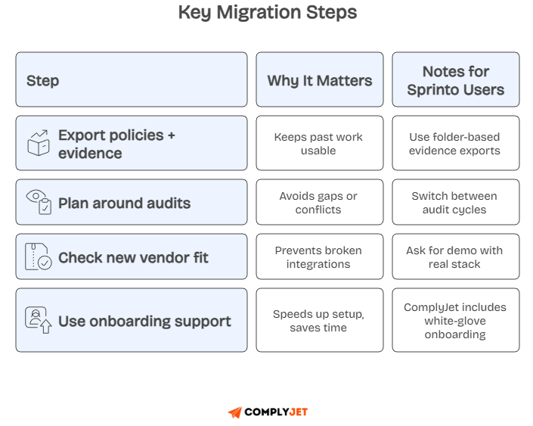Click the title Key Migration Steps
(267, 13)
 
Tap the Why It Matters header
(319, 80)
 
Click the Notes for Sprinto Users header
(455, 80)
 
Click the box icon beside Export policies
(39, 143)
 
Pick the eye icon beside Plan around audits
(39, 202)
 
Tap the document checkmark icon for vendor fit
(39, 257)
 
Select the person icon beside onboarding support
(39, 320)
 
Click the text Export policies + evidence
(116, 144)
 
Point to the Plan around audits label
(124, 203)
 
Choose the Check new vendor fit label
(133, 257)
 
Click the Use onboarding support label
(144, 321)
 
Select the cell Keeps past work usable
(318, 143)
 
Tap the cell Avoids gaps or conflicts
(318, 202)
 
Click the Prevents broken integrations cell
(318, 257)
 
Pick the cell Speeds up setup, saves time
(318, 320)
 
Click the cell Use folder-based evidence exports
(455, 143)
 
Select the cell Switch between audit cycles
(455, 202)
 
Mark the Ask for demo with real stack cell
(455, 257)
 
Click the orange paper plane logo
(235, 412)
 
